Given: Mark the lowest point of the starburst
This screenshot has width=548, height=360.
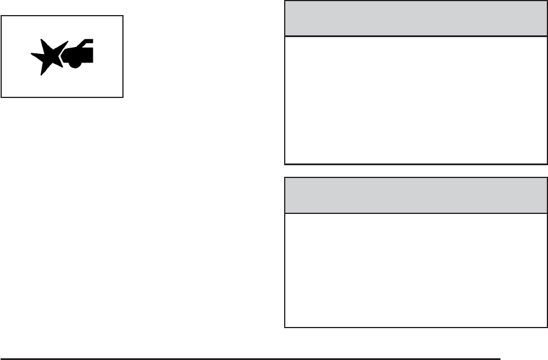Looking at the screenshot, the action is click(40, 75).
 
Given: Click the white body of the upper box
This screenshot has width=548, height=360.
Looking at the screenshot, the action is click(416, 100).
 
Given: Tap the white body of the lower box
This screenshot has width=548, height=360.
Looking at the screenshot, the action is click(416, 270).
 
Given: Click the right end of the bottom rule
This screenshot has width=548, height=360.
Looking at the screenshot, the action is click(499, 358).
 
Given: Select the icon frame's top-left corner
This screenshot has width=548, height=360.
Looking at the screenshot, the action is click(2, 16).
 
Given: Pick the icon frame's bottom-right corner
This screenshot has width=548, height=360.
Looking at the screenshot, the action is click(123, 97).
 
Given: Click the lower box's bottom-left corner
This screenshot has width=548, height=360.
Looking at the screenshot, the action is click(285, 327).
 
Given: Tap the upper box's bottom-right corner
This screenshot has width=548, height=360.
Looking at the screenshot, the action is click(547, 164).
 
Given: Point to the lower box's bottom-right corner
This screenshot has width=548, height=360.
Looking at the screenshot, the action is click(547, 327).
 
